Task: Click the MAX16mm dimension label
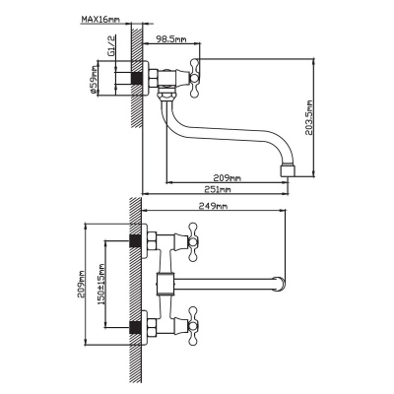pyautogui.click(x=100, y=20)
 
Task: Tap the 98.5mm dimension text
pyautogui.click(x=171, y=39)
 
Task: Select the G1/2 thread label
pyautogui.click(x=111, y=45)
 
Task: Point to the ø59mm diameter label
pyautogui.click(x=94, y=81)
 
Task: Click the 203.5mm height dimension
pyautogui.click(x=308, y=118)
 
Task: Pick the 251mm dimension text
pyautogui.click(x=218, y=189)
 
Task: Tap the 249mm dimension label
pyautogui.click(x=214, y=206)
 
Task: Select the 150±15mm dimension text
pyautogui.click(x=100, y=284)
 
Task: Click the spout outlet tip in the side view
pyautogui.click(x=288, y=170)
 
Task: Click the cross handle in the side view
pyautogui.click(x=195, y=78)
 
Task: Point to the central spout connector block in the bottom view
pyautogui.click(x=164, y=284)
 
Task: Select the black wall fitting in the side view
pyautogui.click(x=137, y=78)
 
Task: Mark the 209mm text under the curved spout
pyautogui.click(x=228, y=178)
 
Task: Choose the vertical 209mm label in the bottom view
pyautogui.click(x=82, y=284)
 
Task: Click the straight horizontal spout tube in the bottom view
pyautogui.click(x=225, y=284)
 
